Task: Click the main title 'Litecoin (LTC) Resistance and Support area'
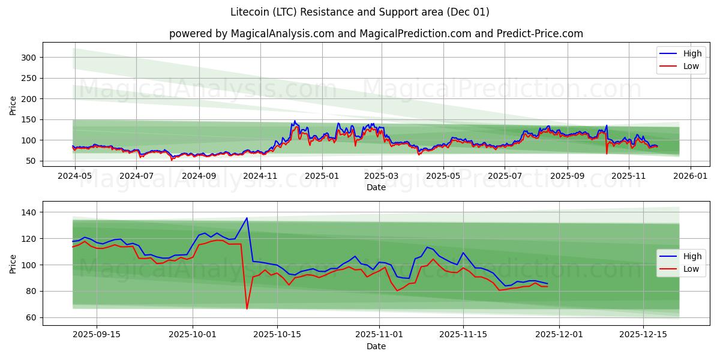pyautogui.click(x=360, y=12)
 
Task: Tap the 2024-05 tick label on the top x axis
pyautogui.click(x=75, y=176)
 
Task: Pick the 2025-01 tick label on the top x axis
pyautogui.click(x=322, y=176)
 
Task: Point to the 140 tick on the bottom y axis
pyautogui.click(x=29, y=212)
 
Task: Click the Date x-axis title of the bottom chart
pyautogui.click(x=376, y=347)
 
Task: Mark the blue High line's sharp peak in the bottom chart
pyautogui.click(x=247, y=218)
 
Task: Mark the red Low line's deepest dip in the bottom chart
pyautogui.click(x=247, y=309)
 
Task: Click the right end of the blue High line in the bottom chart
pyautogui.click(x=547, y=283)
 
